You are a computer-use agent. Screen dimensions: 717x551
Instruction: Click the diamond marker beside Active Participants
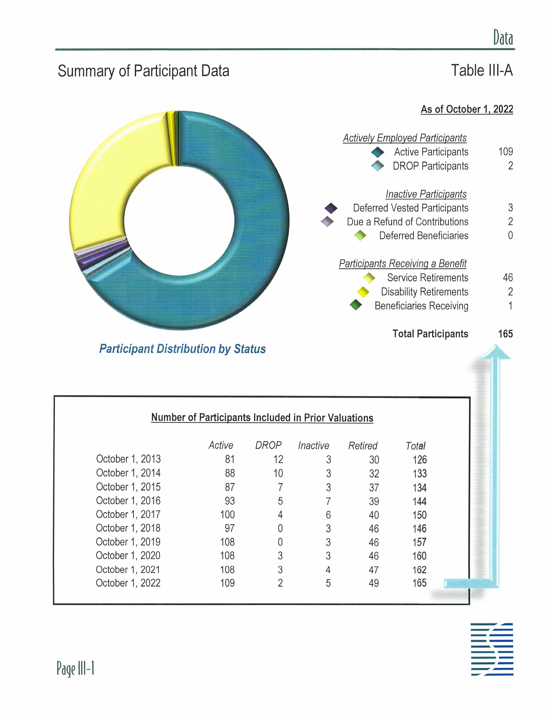[x=377, y=152]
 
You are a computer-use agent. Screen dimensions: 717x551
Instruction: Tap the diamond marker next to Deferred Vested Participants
[x=331, y=208]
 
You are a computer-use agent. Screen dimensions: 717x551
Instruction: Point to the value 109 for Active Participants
[x=505, y=152]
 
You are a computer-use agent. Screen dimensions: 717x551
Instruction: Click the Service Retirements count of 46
[x=508, y=278]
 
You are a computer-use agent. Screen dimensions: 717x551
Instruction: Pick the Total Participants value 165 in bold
[x=505, y=334]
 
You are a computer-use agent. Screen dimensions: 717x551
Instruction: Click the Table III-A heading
[x=481, y=70]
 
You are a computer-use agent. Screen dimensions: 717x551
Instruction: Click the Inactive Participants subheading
[x=426, y=194]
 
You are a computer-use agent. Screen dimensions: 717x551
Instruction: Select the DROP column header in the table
[x=268, y=445]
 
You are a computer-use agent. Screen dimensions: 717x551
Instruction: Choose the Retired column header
[x=363, y=446]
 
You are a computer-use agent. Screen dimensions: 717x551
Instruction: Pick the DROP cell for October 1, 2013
[x=278, y=459]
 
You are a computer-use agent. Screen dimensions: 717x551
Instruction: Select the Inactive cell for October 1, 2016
[x=328, y=501]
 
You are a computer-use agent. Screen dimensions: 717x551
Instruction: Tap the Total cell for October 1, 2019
[x=419, y=542]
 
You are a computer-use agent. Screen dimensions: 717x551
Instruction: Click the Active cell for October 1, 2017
[x=227, y=514]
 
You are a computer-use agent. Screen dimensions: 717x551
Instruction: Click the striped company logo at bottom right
[x=492, y=649]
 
